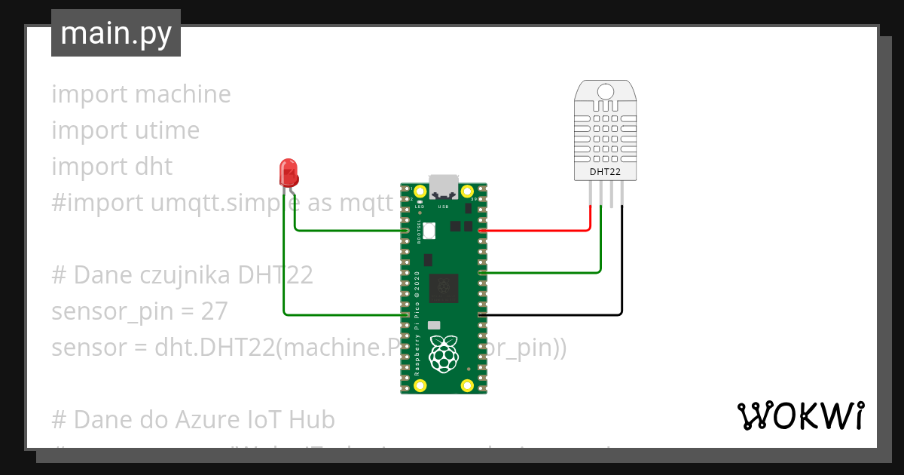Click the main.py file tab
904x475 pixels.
[x=115, y=34]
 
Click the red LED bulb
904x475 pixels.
[x=288, y=173]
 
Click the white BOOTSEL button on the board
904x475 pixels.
[x=430, y=231]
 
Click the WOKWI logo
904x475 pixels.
[x=800, y=415]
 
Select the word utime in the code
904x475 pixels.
[x=167, y=130]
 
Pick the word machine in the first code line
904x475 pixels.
[x=183, y=94]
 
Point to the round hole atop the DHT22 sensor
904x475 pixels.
[x=606, y=93]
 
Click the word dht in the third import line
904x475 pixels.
[x=154, y=167]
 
